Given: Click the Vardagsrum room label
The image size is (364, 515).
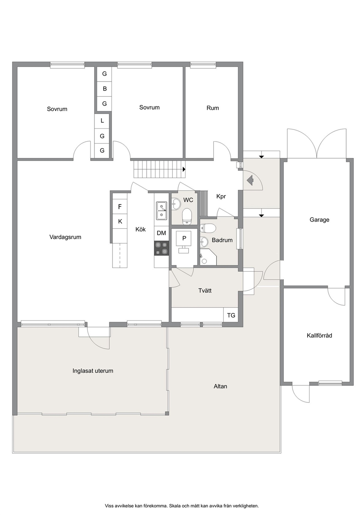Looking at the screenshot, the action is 65,237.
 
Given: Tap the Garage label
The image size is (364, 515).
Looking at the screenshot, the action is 319,220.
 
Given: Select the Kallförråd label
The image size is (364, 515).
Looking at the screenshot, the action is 319,335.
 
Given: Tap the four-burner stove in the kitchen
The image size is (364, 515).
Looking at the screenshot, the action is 162,248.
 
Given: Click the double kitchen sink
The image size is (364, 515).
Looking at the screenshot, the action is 162,211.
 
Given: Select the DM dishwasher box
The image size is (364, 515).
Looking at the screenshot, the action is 161,233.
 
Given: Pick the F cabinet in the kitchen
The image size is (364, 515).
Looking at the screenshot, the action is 120,207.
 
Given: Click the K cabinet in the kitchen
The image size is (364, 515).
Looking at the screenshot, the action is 120,222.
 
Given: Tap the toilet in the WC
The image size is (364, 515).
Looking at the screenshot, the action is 187,216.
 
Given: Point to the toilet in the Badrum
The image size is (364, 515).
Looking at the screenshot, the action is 208,228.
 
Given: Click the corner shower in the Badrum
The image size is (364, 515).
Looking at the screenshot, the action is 208,257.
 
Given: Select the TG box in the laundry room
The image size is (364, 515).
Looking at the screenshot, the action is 231,315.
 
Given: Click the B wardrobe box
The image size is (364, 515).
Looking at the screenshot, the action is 105,89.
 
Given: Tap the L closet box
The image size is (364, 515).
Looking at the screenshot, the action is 102,121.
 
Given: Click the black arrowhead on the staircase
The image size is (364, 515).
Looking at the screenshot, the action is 184,169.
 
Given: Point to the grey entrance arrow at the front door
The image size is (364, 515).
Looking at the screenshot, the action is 250,180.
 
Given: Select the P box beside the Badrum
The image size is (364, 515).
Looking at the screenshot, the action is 184,238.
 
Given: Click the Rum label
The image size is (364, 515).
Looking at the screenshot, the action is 213,108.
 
